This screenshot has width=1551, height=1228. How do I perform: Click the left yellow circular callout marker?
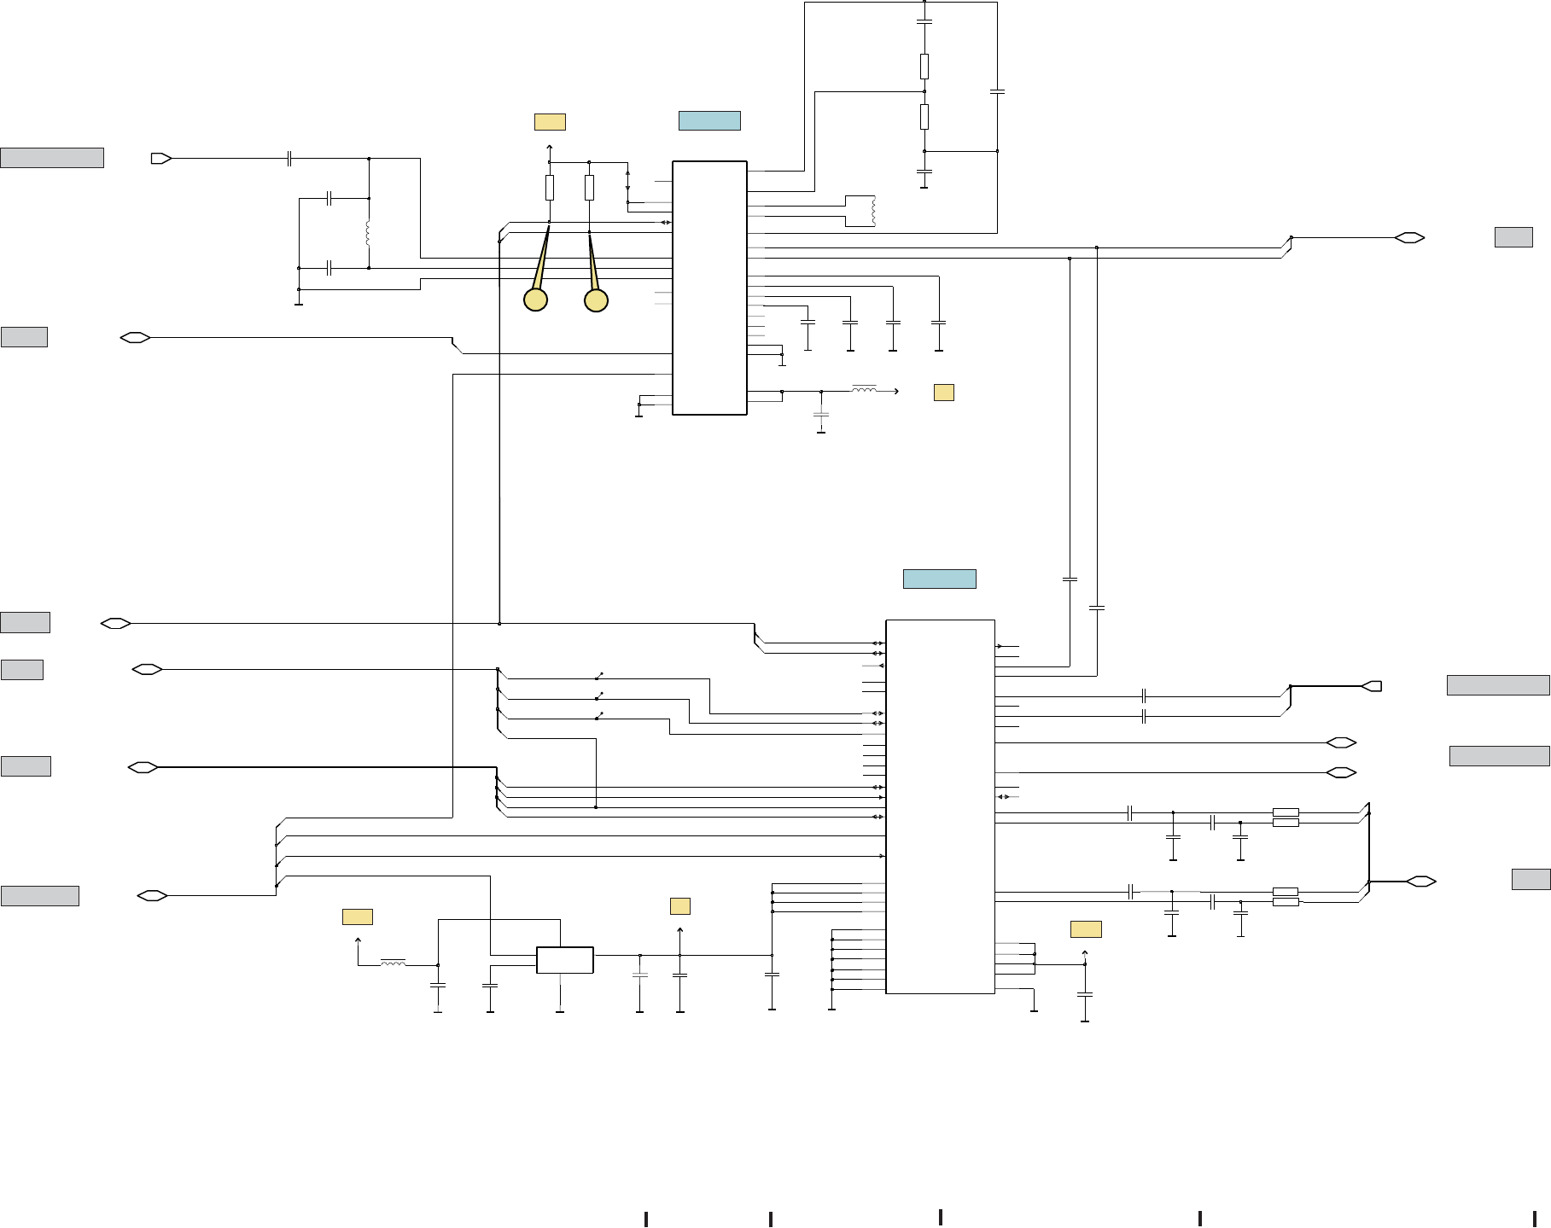coord(535,300)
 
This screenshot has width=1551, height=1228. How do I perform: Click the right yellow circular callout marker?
coord(596,300)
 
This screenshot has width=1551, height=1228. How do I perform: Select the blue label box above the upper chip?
coord(709,120)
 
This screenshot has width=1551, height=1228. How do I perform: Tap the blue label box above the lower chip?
coord(939,579)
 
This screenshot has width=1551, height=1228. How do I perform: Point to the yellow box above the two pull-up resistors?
coord(550,122)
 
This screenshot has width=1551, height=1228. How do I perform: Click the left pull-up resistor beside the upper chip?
coord(550,188)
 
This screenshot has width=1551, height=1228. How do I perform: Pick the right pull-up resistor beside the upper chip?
coord(589,188)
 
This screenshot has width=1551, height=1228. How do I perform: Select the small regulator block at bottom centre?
coord(564,960)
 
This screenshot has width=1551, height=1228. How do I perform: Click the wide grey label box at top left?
coord(52,158)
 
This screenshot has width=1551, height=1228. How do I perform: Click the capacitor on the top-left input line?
coord(290,158)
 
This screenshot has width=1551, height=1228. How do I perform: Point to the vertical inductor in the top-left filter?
coord(368,233)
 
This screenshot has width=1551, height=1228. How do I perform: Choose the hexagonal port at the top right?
coord(1409,237)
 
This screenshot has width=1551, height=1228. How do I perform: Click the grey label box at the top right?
coord(1513,237)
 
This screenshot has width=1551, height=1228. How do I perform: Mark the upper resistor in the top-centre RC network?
coord(924,66)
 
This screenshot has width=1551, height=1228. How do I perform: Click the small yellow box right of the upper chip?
coord(943,393)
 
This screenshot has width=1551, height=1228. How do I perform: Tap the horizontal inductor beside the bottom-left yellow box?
coord(393,964)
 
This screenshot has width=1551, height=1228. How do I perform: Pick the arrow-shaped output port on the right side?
coord(1372,686)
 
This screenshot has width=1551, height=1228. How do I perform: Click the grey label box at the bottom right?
coord(1531,880)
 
